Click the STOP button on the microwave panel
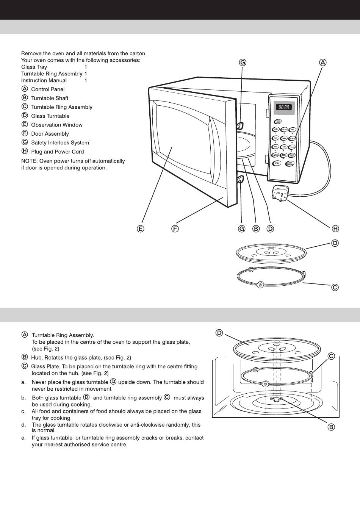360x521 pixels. click(277, 163)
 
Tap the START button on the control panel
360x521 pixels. click(291, 163)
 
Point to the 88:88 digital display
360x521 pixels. click(284, 107)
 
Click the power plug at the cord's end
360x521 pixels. click(280, 193)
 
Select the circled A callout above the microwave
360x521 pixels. click(322, 63)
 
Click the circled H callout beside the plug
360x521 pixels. click(335, 228)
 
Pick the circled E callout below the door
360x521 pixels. click(141, 228)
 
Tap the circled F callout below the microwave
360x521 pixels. click(175, 228)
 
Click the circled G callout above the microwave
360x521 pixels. click(243, 63)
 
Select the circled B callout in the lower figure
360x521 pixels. click(331, 427)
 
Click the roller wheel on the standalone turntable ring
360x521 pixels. click(260, 285)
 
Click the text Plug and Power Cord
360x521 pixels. click(57, 152)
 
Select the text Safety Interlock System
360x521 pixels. click(60, 143)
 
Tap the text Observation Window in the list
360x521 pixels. click(56, 125)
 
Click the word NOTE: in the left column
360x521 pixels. click(28, 161)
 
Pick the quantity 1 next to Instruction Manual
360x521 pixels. click(86, 81)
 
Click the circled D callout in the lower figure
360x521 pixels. click(219, 333)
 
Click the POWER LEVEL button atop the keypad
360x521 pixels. click(277, 122)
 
